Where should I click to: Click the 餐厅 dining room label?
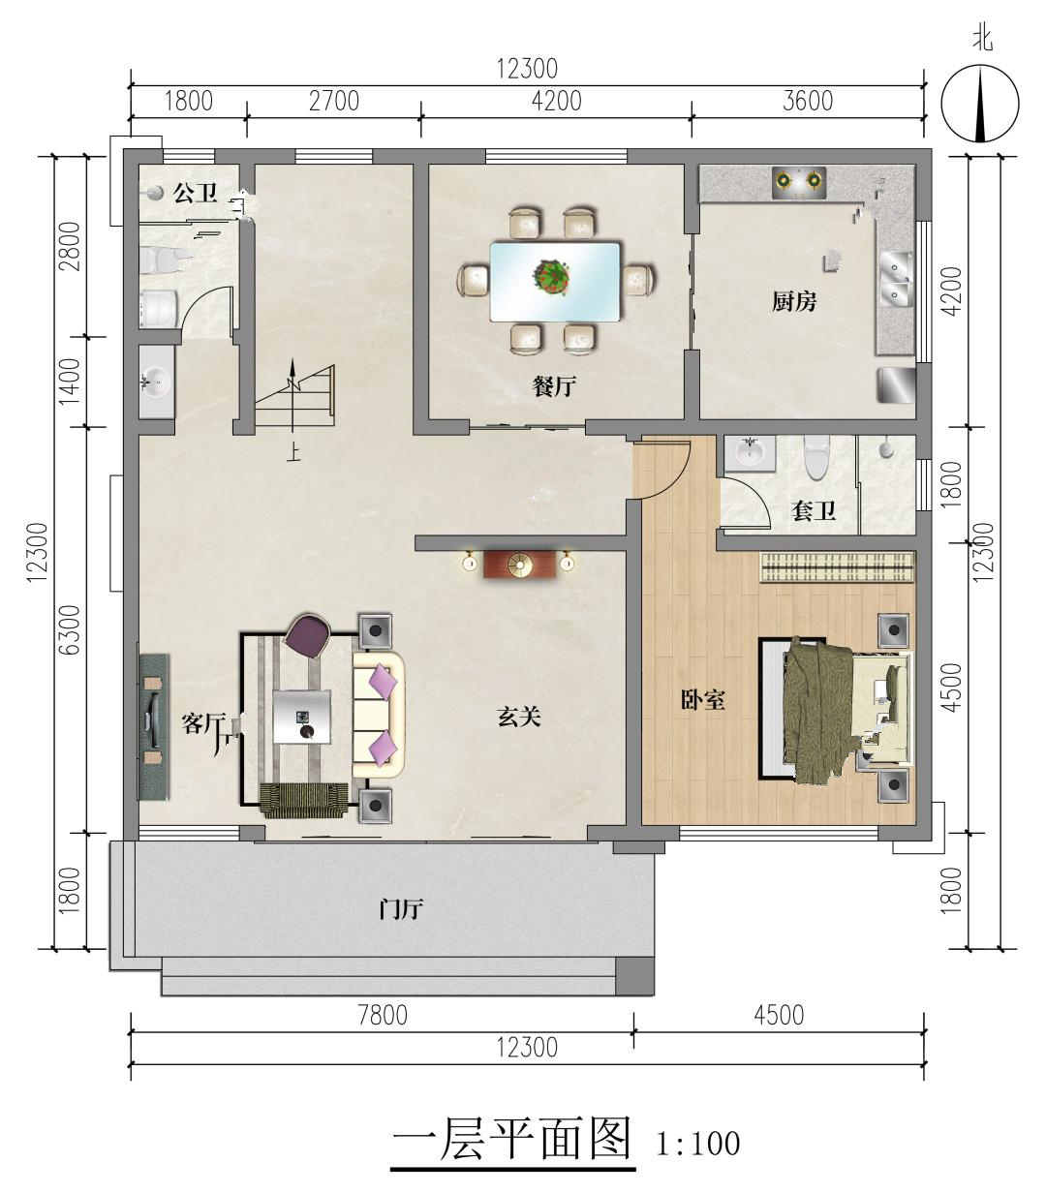[554, 387]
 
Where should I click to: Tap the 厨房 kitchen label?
[794, 301]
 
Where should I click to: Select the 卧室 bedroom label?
[702, 700]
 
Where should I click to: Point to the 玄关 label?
[519, 717]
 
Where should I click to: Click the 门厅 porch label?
[401, 909]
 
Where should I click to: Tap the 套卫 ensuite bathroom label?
[814, 510]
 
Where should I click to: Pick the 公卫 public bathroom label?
[195, 193]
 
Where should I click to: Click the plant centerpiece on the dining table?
[552, 277]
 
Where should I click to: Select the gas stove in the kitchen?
[799, 182]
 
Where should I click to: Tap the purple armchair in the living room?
[308, 635]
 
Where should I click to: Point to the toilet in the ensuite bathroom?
[816, 456]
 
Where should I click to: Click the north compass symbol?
[979, 103]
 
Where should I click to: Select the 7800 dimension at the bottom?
[383, 1015]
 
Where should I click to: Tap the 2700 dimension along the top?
[334, 102]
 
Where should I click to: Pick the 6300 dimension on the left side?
[70, 630]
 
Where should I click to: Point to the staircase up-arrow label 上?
[292, 452]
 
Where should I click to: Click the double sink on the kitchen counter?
[896, 280]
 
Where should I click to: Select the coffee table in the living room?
[302, 717]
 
